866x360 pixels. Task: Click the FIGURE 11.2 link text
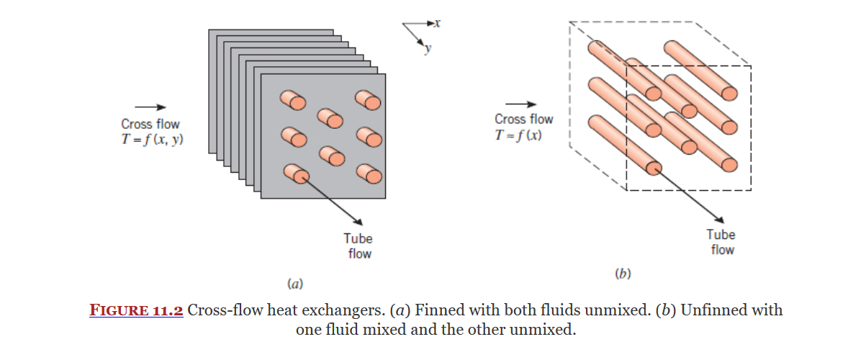coord(137,311)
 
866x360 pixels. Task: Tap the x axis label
coord(437,23)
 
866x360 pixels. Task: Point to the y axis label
coord(428,49)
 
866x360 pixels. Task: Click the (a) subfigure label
coord(294,284)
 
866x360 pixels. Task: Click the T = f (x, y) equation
coord(151,140)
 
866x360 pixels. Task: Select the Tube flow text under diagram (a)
coord(358,246)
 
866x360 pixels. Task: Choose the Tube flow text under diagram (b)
coord(721,242)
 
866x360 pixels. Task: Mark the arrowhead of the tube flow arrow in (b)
coord(719,217)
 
